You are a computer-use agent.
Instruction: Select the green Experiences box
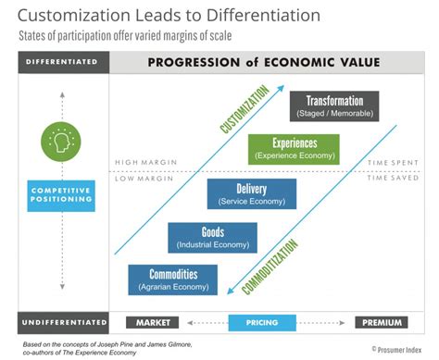(x=294, y=148)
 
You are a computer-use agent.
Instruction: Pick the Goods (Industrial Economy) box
(x=212, y=237)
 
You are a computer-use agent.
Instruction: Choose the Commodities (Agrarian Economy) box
(x=171, y=279)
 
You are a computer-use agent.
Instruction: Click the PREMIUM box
(x=381, y=323)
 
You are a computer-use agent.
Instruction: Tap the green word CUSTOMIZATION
(x=243, y=109)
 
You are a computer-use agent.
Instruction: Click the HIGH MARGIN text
(x=139, y=163)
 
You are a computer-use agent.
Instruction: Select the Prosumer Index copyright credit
(x=400, y=349)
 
